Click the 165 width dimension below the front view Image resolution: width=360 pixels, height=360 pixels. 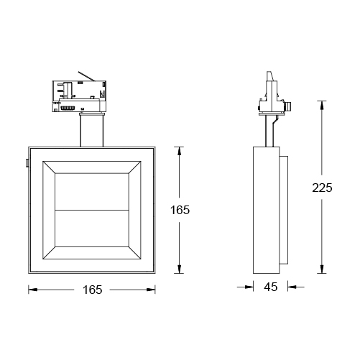[92, 290]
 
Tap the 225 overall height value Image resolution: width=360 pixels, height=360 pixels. [323, 188]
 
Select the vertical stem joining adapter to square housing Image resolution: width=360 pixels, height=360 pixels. [91, 129]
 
